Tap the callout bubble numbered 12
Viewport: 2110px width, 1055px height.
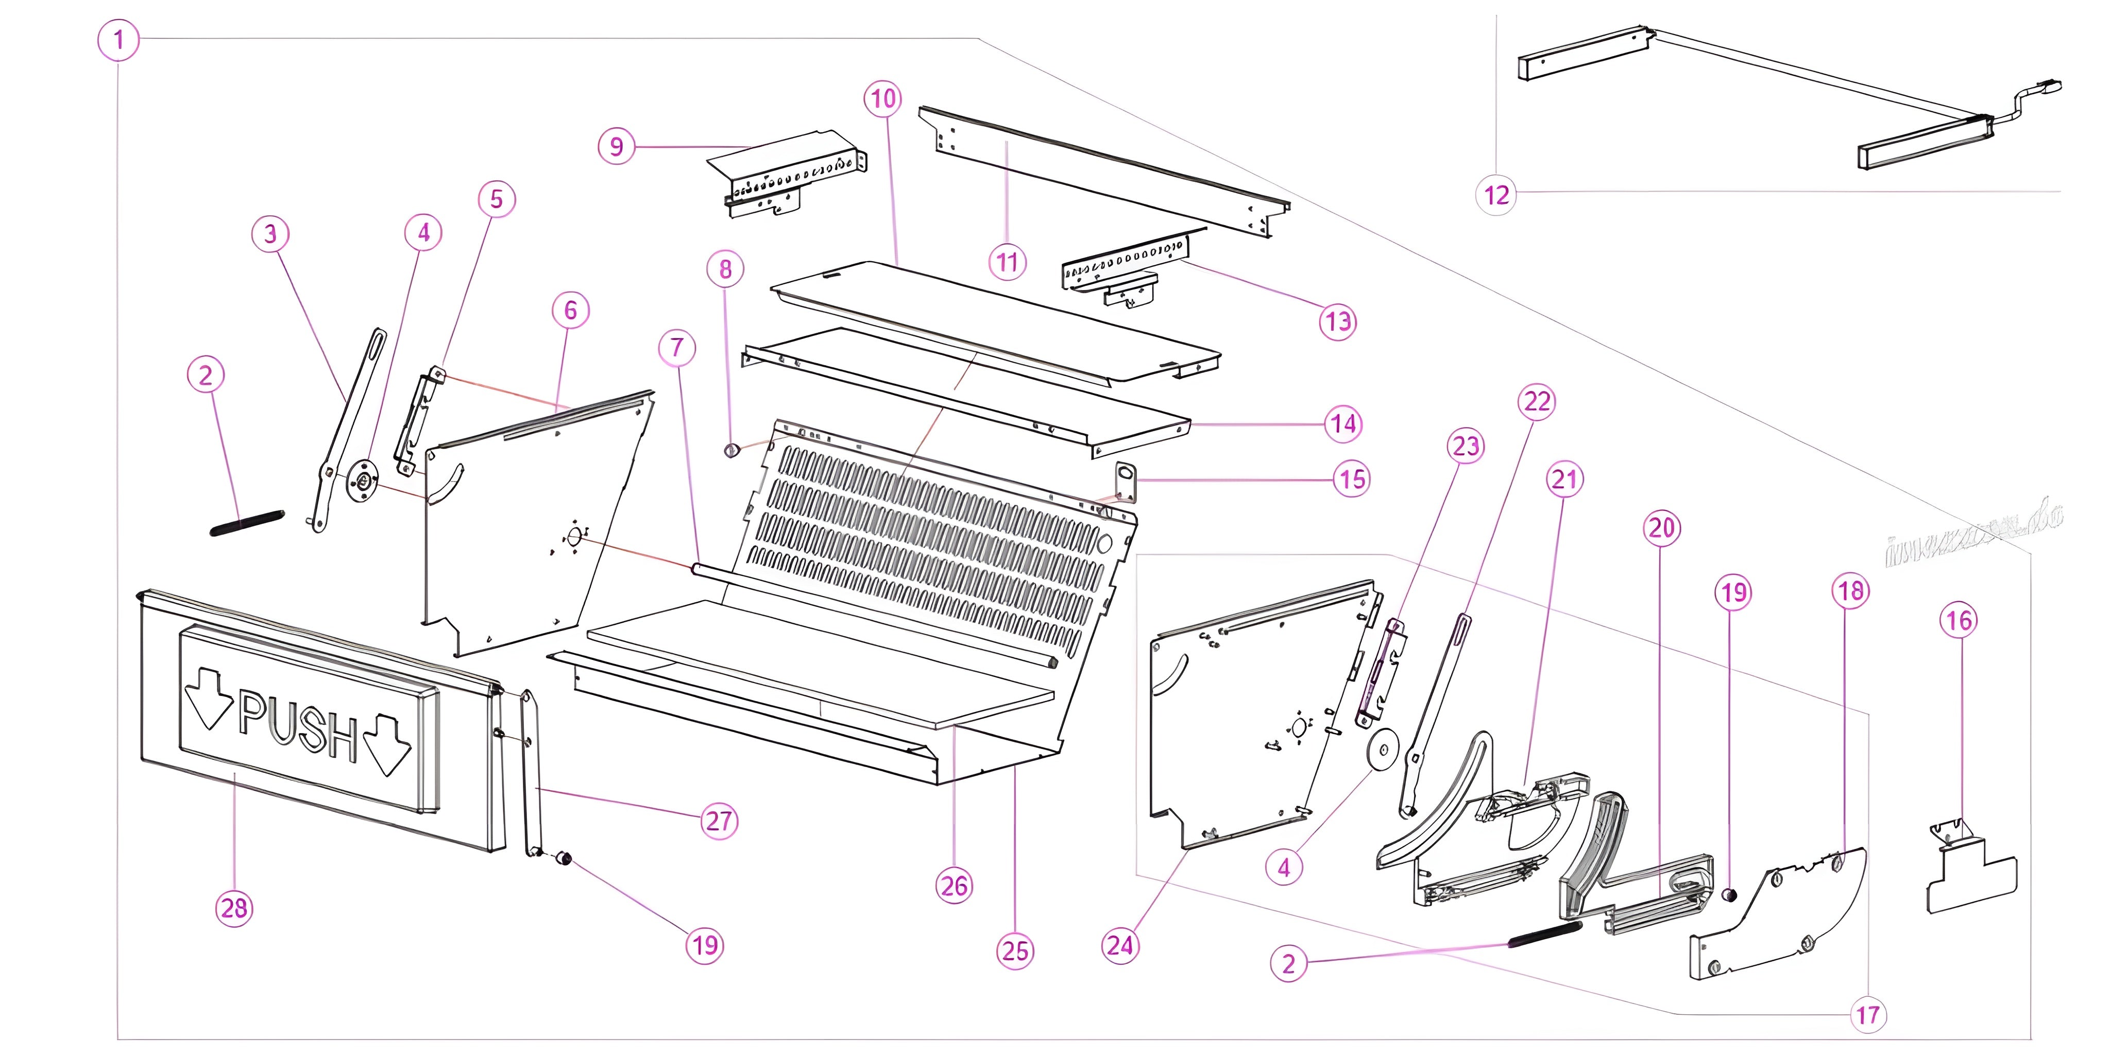(1496, 195)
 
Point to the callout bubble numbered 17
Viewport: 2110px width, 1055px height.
(1867, 1015)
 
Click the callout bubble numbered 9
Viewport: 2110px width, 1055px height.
(617, 147)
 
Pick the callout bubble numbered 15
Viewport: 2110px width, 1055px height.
(1352, 479)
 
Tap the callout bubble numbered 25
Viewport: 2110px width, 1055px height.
(1015, 951)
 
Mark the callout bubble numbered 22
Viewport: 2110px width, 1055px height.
(1537, 401)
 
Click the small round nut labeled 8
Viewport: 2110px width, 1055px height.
(730, 450)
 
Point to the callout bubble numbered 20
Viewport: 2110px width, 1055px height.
(1661, 527)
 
